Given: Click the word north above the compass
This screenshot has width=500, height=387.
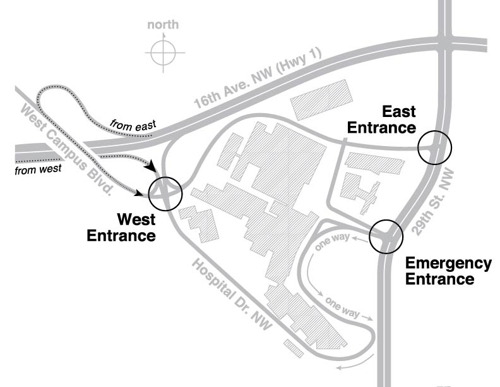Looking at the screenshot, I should [x=163, y=25].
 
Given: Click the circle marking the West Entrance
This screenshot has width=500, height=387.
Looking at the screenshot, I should [x=165, y=192].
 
